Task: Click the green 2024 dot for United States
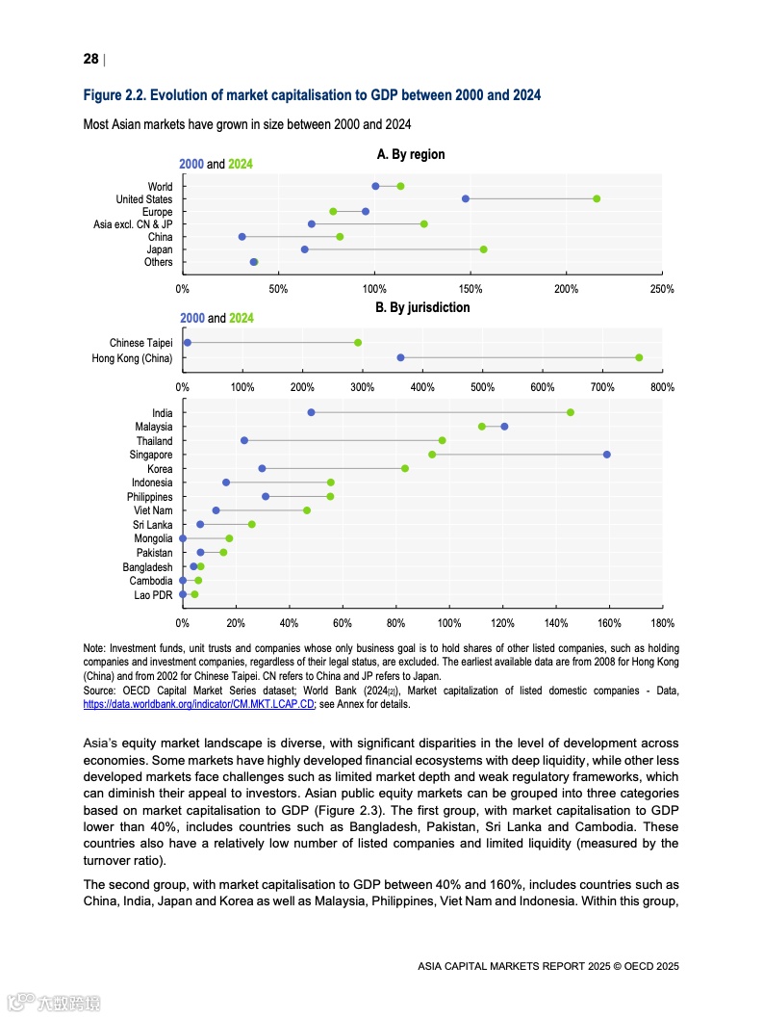coord(597,198)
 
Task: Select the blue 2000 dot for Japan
coord(305,249)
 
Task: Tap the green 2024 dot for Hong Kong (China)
coord(639,357)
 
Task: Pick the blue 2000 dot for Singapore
coord(606,454)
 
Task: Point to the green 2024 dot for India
coord(571,412)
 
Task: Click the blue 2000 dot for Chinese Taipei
coord(188,342)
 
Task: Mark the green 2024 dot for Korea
coord(405,468)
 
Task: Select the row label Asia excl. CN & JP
coord(133,224)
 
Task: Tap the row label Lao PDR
coord(153,595)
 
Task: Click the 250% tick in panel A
coord(662,289)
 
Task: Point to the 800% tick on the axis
coord(662,387)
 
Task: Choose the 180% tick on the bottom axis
coord(662,623)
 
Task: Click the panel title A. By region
coord(411,154)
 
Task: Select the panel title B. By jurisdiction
coord(421,307)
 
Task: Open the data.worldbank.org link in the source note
coord(199,704)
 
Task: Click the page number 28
coord(90,59)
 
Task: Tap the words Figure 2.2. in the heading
coord(113,95)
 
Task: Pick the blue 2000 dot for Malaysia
coord(504,426)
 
